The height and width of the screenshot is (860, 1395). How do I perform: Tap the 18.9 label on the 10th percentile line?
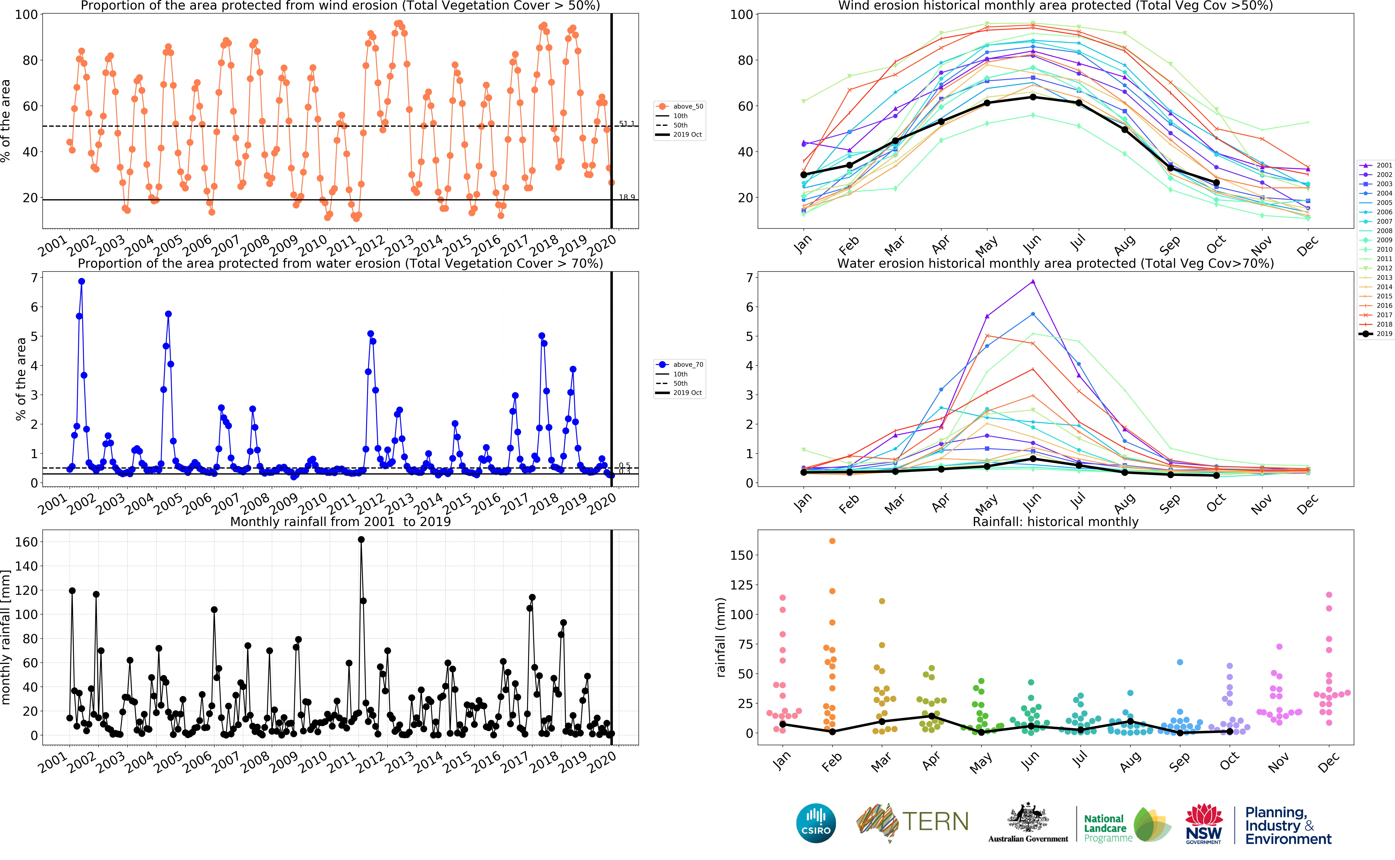pyautogui.click(x=627, y=197)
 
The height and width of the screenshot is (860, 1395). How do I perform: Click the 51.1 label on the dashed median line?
pyautogui.click(x=627, y=123)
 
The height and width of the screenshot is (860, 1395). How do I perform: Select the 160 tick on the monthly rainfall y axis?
pyautogui.click(x=26, y=542)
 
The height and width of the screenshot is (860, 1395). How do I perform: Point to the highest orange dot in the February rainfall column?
pyautogui.click(x=832, y=541)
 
